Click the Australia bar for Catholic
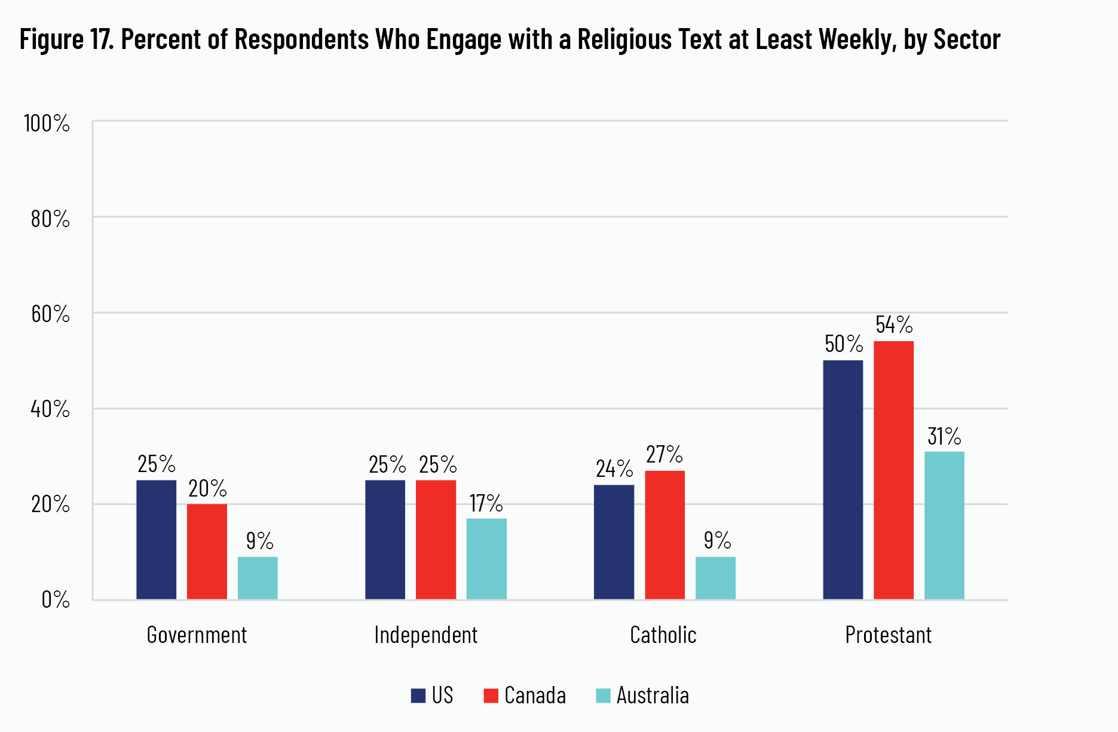pyautogui.click(x=715, y=578)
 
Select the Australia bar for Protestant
pyautogui.click(x=944, y=525)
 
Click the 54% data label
pyautogui.click(x=894, y=325)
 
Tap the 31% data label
pyautogui.click(x=944, y=437)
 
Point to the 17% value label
pyautogui.click(x=486, y=504)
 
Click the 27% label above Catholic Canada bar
pyautogui.click(x=664, y=455)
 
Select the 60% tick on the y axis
pyautogui.click(x=50, y=314)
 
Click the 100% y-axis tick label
pyautogui.click(x=47, y=124)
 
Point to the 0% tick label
pyautogui.click(x=56, y=599)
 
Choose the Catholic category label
pyautogui.click(x=663, y=635)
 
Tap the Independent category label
pyautogui.click(x=425, y=635)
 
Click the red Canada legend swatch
pyautogui.click(x=491, y=696)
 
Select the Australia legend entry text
pyautogui.click(x=653, y=696)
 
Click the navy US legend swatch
pyautogui.click(x=418, y=696)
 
